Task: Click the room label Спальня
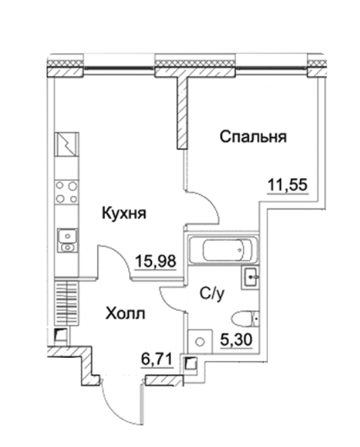(x=253, y=137)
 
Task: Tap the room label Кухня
(x=124, y=213)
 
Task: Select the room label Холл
(x=125, y=314)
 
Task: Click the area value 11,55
(x=288, y=184)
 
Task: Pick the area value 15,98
(x=155, y=261)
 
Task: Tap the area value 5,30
(x=236, y=339)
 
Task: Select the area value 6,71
(x=157, y=359)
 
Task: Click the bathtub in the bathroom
(x=224, y=250)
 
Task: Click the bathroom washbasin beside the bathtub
(x=250, y=278)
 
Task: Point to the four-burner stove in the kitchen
(x=66, y=192)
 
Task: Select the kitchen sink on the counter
(x=67, y=240)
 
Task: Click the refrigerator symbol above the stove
(x=66, y=144)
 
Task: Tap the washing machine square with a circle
(x=200, y=342)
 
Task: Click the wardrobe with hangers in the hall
(x=66, y=303)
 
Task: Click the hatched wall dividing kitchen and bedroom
(x=182, y=113)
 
